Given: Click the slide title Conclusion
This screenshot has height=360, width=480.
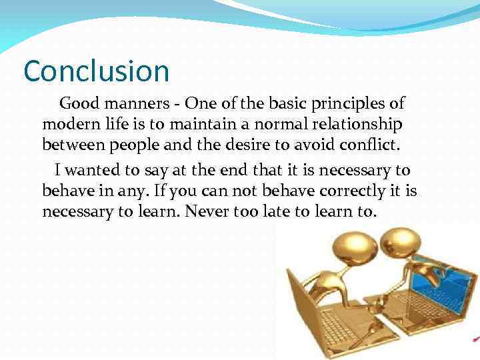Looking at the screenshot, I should (x=97, y=71).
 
